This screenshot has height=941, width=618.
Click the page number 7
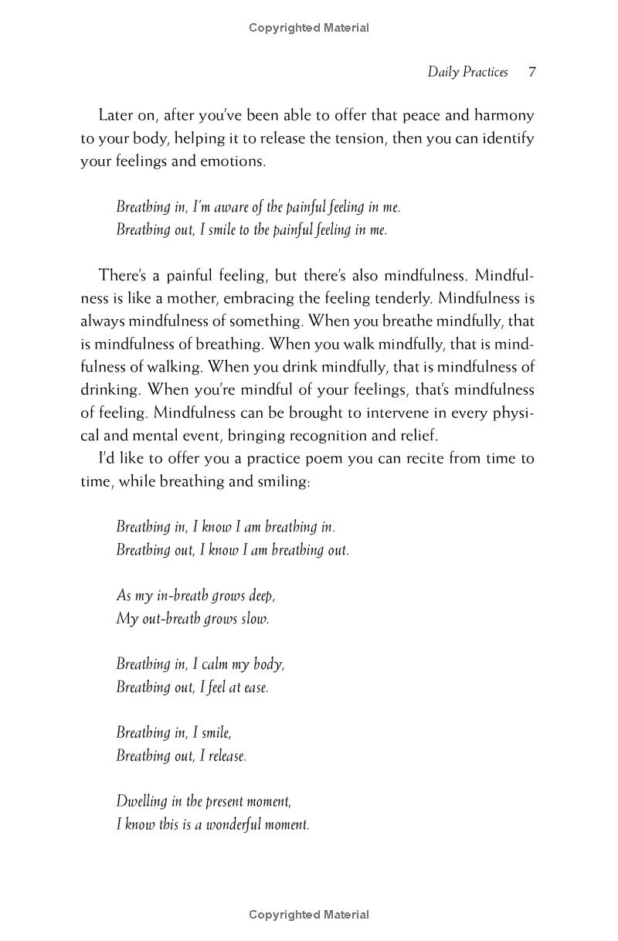pos(532,73)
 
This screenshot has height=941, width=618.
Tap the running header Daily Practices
pos(467,73)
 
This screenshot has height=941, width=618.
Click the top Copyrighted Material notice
pos(309,28)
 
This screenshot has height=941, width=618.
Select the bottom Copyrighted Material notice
pos(309,915)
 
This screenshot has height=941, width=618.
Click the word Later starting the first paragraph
pos(117,116)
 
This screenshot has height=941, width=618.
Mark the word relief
pos(416,436)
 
